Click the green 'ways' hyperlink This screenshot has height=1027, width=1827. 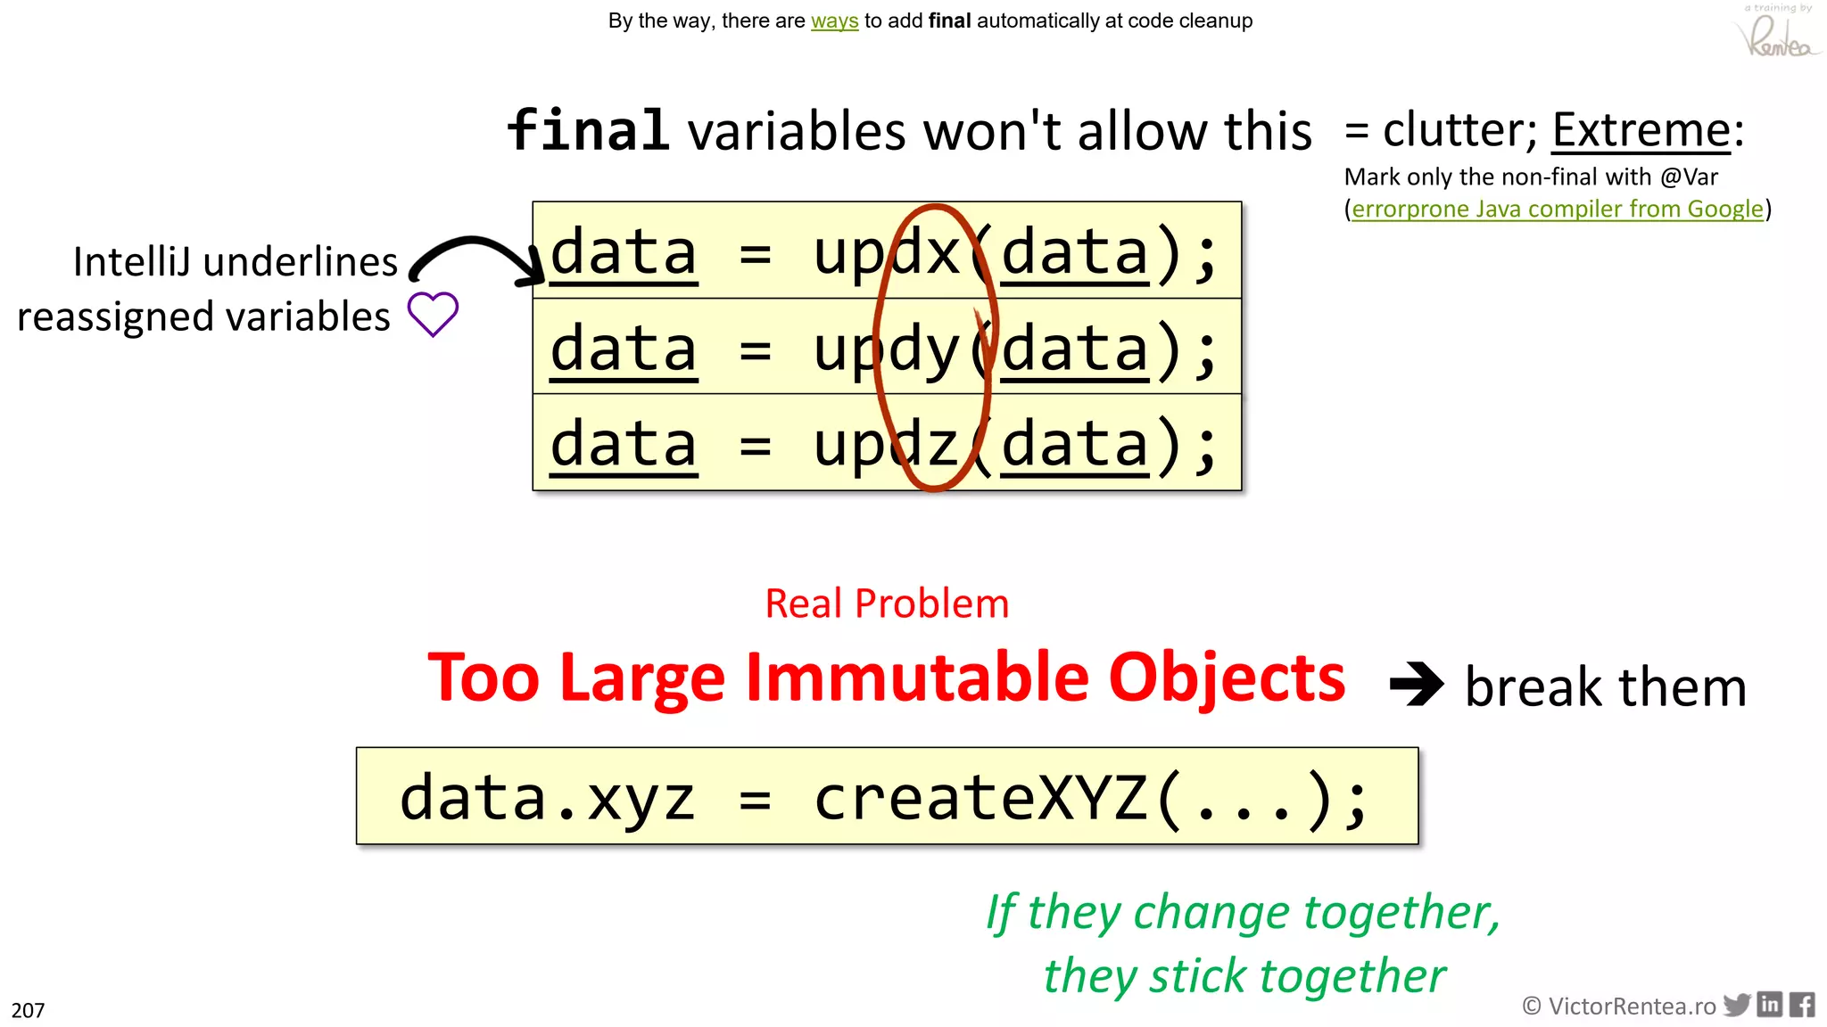[x=834, y=21]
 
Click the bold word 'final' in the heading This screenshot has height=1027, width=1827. [x=588, y=130]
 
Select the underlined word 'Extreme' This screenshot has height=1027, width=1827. [x=1641, y=130]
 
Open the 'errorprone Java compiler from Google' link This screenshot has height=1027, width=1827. [x=1557, y=209]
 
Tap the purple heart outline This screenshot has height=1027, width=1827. [x=433, y=314]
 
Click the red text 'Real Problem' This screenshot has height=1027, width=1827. [x=887, y=604]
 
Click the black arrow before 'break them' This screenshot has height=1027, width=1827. [x=1416, y=685]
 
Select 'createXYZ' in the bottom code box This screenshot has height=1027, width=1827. [x=981, y=797]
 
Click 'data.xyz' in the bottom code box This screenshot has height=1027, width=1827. [x=546, y=797]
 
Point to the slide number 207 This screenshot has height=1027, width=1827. [x=28, y=1010]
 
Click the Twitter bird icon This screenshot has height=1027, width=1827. [x=1736, y=1005]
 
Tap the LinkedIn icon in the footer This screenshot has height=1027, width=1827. [x=1770, y=1005]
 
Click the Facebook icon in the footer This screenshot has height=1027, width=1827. [x=1802, y=1005]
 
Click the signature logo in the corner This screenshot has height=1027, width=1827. [x=1778, y=34]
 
